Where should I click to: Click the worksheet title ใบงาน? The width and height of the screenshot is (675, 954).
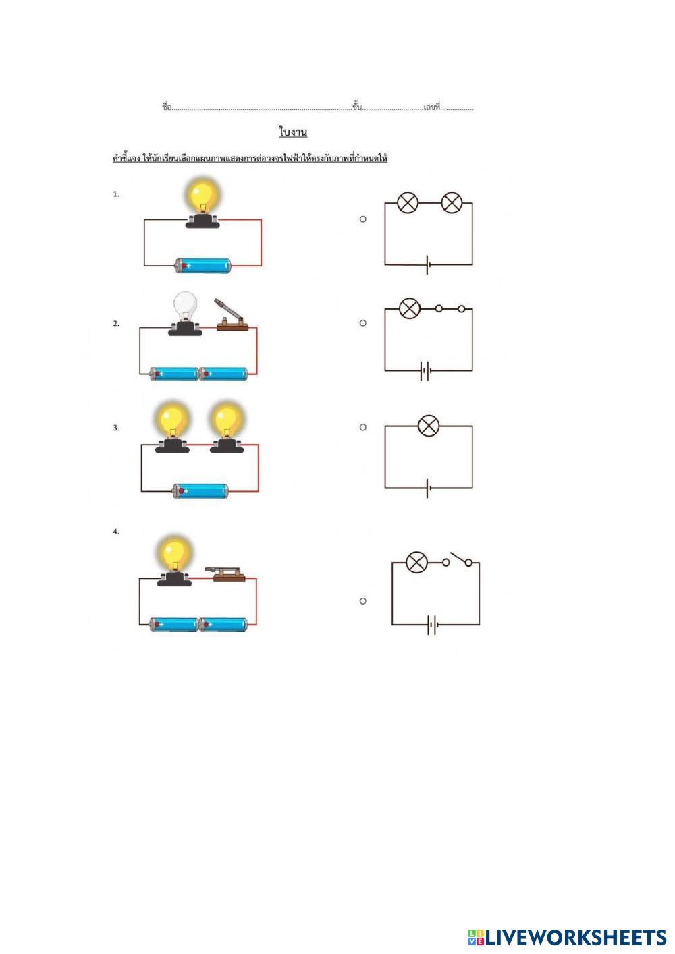(293, 131)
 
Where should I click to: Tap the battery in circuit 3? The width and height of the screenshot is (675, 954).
(200, 491)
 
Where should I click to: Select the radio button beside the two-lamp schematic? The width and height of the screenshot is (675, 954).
(363, 219)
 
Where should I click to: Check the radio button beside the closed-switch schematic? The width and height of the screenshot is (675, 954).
(363, 323)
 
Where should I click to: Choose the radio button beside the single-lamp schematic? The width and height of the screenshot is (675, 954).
(363, 427)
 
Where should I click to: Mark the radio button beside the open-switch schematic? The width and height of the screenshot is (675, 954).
(363, 600)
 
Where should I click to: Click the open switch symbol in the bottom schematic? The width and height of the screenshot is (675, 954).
(459, 561)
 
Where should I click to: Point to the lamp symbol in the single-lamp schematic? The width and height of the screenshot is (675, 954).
(429, 426)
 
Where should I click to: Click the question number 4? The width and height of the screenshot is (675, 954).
(116, 532)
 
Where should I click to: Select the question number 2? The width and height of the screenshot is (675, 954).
(116, 324)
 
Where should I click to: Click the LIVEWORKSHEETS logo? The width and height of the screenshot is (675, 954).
(567, 936)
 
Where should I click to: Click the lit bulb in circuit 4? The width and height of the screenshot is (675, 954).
(174, 553)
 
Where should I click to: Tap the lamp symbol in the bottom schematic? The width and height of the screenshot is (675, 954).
(417, 562)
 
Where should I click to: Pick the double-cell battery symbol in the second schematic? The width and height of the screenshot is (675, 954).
(425, 370)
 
